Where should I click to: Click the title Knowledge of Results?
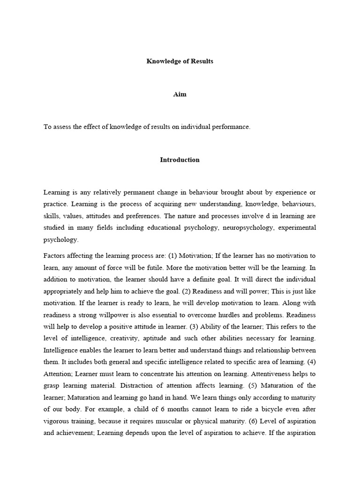[180, 61]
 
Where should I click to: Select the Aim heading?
[180, 94]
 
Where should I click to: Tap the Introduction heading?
[180, 160]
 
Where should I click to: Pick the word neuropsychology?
[236, 227]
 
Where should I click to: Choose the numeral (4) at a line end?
[311, 362]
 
